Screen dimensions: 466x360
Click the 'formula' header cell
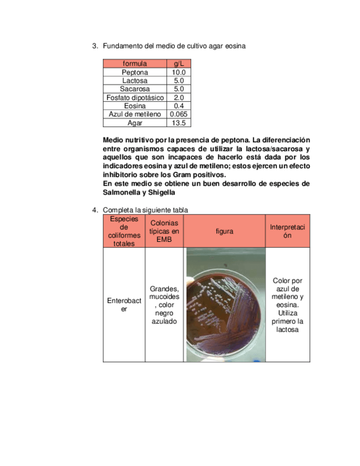click(x=135, y=64)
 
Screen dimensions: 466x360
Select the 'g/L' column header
click(x=179, y=64)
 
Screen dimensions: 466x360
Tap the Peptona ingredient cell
click(x=135, y=72)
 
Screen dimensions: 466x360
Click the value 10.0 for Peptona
click(x=179, y=72)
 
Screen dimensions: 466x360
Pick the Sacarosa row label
click(x=135, y=89)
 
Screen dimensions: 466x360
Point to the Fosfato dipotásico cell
click(x=135, y=97)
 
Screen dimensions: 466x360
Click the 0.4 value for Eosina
click(x=179, y=106)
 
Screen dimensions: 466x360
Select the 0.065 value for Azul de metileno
click(x=179, y=114)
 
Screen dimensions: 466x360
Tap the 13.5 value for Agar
click(x=179, y=123)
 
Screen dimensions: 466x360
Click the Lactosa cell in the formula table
click(x=135, y=81)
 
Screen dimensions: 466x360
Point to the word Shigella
click(x=160, y=193)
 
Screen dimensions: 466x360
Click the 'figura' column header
click(x=224, y=231)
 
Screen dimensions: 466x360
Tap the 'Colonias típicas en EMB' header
click(x=164, y=231)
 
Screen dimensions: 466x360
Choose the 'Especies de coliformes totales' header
click(x=124, y=231)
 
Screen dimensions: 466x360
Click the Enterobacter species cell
click(x=124, y=305)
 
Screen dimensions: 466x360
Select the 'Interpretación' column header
click(x=287, y=231)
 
